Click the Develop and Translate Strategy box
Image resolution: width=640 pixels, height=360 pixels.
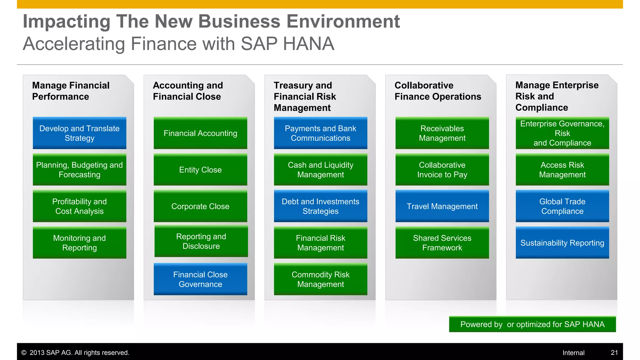(x=79, y=133)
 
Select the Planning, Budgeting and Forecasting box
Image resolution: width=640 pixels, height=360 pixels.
(x=79, y=170)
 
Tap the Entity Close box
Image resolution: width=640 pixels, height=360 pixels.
(x=200, y=170)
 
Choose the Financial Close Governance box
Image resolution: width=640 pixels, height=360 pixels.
(x=200, y=279)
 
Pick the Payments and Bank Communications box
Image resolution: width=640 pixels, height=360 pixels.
(x=320, y=133)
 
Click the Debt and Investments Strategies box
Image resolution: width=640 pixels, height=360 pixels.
(x=320, y=206)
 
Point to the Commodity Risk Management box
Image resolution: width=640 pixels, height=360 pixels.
(x=320, y=279)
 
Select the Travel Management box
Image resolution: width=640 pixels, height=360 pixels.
(x=442, y=206)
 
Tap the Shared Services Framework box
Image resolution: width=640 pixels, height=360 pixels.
(x=442, y=243)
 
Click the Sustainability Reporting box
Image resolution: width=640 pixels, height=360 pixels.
(x=562, y=243)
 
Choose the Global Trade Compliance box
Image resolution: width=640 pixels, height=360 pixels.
(x=562, y=206)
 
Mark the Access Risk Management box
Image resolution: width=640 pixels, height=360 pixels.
(x=562, y=170)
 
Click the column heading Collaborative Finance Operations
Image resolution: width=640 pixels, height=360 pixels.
(x=437, y=91)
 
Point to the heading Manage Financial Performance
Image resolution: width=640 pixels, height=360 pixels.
(x=71, y=91)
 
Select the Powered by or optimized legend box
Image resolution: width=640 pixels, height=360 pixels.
(x=532, y=324)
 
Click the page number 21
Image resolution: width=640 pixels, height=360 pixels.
(x=614, y=353)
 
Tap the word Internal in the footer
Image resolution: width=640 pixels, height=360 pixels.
(x=573, y=353)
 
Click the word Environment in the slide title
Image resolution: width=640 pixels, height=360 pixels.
(x=343, y=22)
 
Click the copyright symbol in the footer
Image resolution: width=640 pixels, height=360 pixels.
(x=24, y=353)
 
